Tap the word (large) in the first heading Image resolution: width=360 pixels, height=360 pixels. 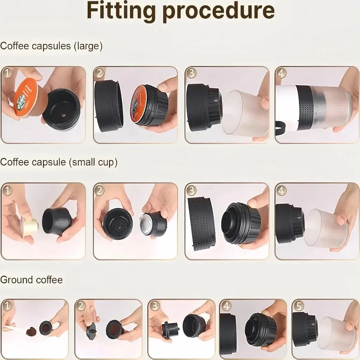click(88, 46)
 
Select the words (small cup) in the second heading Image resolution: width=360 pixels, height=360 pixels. click(93, 162)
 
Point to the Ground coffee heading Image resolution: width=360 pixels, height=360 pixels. click(31, 280)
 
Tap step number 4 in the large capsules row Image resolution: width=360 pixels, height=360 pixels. click(281, 73)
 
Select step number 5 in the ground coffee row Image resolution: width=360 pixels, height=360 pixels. click(298, 306)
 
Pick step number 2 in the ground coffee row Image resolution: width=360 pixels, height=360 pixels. click(81, 306)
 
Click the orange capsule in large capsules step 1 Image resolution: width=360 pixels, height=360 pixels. click(27, 99)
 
